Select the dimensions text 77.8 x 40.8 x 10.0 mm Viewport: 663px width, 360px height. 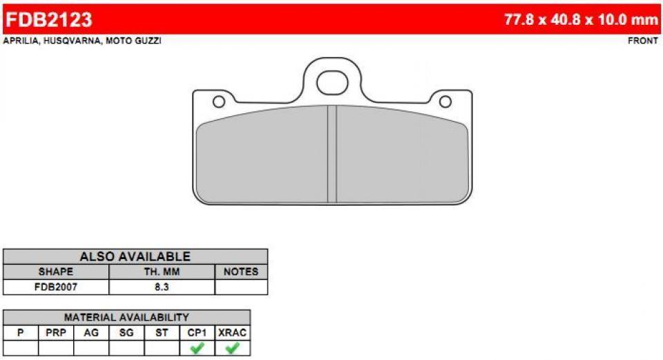pyautogui.click(x=581, y=19)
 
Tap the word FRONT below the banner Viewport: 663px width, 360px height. pyautogui.click(x=642, y=41)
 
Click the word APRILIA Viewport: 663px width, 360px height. pyautogui.click(x=21, y=41)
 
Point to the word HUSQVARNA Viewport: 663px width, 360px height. pyautogui.click(x=73, y=41)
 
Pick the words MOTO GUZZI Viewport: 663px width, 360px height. pyautogui.click(x=134, y=41)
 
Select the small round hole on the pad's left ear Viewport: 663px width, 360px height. pyautogui.click(x=219, y=102)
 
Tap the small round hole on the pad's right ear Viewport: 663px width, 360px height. pyautogui.click(x=445, y=102)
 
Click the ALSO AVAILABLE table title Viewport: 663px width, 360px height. pyautogui.click(x=135, y=256)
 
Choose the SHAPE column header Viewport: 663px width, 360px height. pyautogui.click(x=55, y=272)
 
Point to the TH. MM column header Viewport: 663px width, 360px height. pyautogui.click(x=162, y=272)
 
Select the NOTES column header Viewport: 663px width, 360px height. pyautogui.click(x=241, y=272)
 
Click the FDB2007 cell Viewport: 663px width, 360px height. pyautogui.click(x=55, y=287)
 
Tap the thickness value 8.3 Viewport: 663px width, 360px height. pyautogui.click(x=162, y=287)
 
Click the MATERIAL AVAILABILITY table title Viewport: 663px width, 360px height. pyautogui.click(x=126, y=317)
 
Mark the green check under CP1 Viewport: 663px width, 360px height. pyautogui.click(x=197, y=348)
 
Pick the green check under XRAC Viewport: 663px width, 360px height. pyautogui.click(x=232, y=348)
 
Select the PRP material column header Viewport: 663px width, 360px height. pyautogui.click(x=56, y=332)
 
